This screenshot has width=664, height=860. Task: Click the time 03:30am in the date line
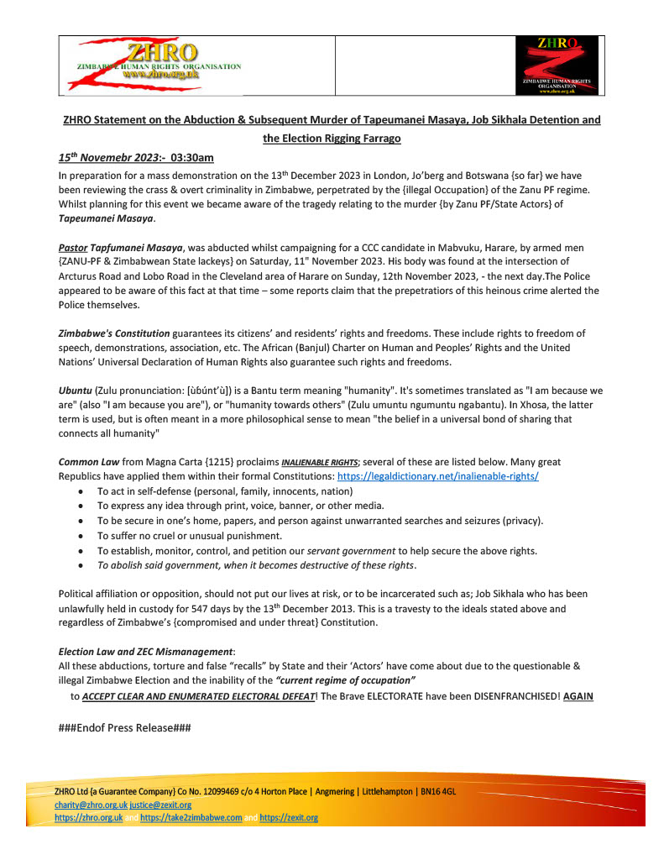(x=193, y=157)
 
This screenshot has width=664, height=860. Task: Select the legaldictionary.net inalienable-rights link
(x=437, y=475)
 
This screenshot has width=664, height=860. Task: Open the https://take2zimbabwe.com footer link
(x=191, y=817)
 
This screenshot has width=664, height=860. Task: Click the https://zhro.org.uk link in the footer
(x=89, y=817)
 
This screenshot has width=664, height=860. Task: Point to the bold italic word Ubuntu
(x=75, y=391)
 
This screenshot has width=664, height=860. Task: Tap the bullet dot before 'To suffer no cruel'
(x=80, y=536)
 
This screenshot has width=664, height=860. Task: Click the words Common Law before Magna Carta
(x=91, y=462)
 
